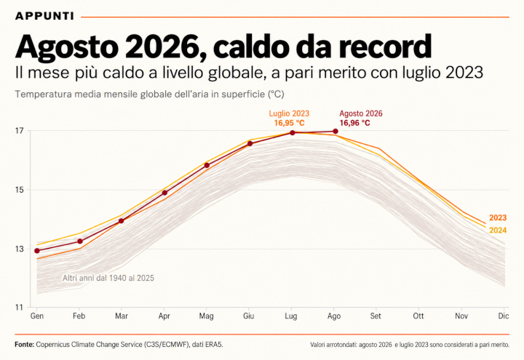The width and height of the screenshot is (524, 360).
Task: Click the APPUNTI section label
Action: coord(45,16)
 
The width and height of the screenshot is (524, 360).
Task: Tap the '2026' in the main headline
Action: coord(162,47)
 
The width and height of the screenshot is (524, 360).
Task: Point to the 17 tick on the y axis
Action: coord(20,130)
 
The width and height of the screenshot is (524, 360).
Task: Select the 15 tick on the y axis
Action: coord(20,190)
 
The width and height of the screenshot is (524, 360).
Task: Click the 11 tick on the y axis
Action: coord(20,307)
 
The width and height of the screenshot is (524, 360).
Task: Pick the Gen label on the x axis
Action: coord(37,316)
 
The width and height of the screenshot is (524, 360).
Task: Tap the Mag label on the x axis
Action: coord(206,316)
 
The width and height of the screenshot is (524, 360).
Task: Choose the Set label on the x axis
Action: coord(376,316)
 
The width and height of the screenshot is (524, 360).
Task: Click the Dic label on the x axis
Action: coord(504,316)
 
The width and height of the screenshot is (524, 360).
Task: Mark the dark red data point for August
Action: coord(336,131)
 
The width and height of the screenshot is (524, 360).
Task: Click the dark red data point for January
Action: coord(37,250)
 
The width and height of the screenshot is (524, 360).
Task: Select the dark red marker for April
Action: coord(164,193)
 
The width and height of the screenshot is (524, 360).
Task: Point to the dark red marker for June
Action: coord(250,143)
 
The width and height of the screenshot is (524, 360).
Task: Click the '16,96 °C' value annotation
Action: coord(355,123)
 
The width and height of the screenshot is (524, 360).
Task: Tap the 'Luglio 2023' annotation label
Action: coord(289,113)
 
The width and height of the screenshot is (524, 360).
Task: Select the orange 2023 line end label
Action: coord(498,217)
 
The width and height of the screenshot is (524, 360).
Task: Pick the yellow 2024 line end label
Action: coord(498,231)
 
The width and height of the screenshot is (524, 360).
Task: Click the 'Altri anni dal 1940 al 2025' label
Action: coord(108,278)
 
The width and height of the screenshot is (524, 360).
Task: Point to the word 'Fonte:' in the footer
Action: coord(25,344)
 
